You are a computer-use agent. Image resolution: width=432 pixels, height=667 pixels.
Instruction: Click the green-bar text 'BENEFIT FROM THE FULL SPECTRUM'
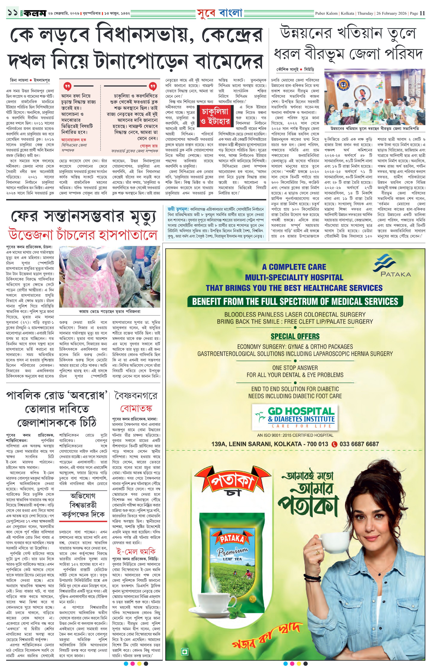point(295,302)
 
